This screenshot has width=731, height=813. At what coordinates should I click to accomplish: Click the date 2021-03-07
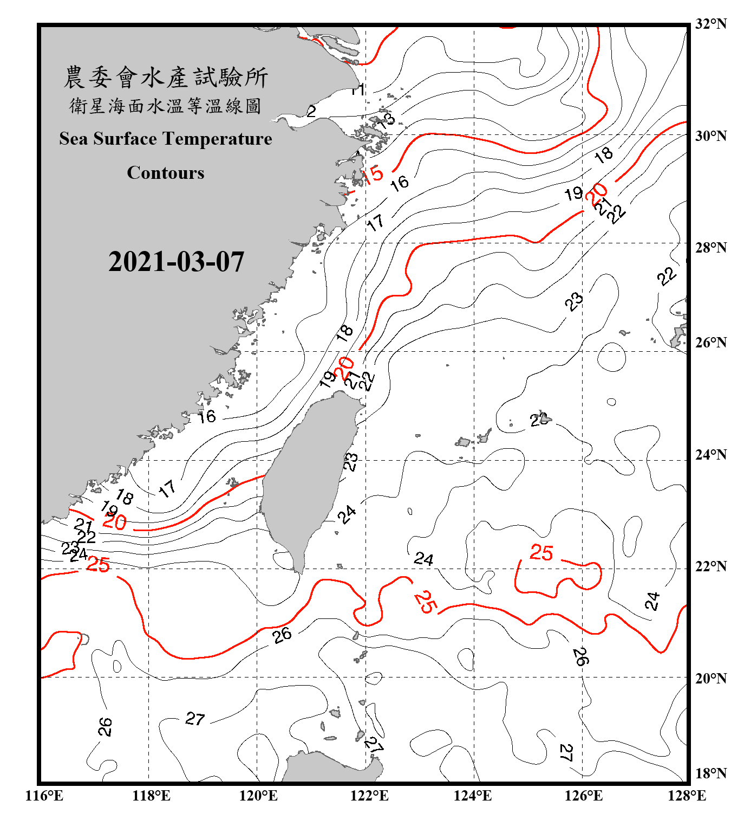coord(176,262)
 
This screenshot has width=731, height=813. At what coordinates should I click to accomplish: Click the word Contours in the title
coord(165,173)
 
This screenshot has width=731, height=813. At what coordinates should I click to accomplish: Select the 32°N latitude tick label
coord(710,24)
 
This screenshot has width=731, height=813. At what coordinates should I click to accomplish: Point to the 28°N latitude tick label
coord(710,248)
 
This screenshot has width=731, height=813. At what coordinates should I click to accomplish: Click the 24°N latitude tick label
coord(710,455)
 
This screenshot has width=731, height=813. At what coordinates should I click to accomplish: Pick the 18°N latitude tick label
coord(710,773)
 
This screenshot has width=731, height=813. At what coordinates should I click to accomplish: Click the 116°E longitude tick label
coord(44,796)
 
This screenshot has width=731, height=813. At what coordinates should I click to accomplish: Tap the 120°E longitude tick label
coord(258,796)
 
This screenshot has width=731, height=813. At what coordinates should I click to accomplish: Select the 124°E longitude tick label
coord(473,796)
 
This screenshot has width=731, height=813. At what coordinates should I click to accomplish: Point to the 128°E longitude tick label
coord(687,796)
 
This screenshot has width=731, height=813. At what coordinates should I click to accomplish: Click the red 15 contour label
coord(373,175)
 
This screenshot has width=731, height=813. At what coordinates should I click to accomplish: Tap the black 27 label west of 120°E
coord(195,719)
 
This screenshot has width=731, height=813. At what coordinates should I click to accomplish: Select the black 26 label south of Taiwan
coord(282,635)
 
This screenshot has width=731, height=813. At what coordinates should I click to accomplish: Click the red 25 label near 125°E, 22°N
coord(541,553)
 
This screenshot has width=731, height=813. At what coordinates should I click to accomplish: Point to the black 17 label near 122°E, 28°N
coord(375,222)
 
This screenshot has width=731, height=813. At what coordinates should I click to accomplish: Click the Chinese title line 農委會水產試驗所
coord(165,78)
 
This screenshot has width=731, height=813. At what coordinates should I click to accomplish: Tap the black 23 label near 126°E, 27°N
coord(575,301)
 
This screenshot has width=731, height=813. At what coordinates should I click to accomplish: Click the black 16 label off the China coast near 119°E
coord(206,416)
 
